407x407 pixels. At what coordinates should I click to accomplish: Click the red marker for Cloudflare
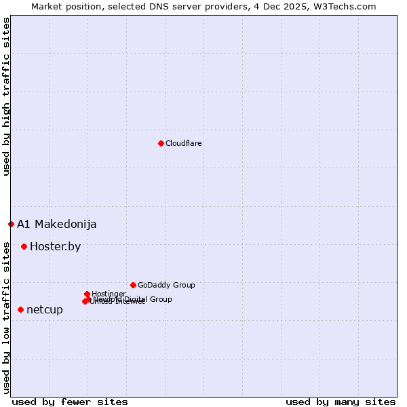tap(161, 143)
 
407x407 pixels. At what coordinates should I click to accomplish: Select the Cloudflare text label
tap(183, 143)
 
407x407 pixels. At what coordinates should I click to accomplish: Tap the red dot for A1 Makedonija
tap(11, 224)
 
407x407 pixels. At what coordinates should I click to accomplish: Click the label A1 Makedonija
tap(56, 224)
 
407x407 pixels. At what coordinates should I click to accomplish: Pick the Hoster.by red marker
tap(24, 246)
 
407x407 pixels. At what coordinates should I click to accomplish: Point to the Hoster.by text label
tap(55, 246)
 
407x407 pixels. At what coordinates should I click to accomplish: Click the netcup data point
tap(20, 309)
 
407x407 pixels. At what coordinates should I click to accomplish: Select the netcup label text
tap(44, 309)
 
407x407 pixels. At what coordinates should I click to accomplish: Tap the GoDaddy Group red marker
tap(133, 285)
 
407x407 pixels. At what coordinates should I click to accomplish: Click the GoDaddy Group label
tap(166, 285)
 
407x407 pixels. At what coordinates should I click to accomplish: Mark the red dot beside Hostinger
tap(87, 294)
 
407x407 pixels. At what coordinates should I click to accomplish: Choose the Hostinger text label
tap(109, 294)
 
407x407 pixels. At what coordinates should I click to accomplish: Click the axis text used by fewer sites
tap(70, 402)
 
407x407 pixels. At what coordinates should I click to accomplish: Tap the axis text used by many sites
tap(341, 402)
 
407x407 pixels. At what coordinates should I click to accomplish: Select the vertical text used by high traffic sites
tap(6, 96)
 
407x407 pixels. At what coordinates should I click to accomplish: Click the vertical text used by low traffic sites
tap(6, 317)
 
